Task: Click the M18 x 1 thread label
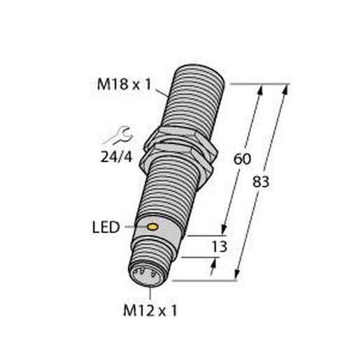tap(123, 86)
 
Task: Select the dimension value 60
tap(241, 159)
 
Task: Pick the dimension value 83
tap(261, 181)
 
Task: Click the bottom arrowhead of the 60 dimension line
tap(225, 229)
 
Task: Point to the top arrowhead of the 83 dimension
tap(286, 89)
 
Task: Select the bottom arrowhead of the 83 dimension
tap(240, 275)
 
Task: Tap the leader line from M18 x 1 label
tap(161, 92)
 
